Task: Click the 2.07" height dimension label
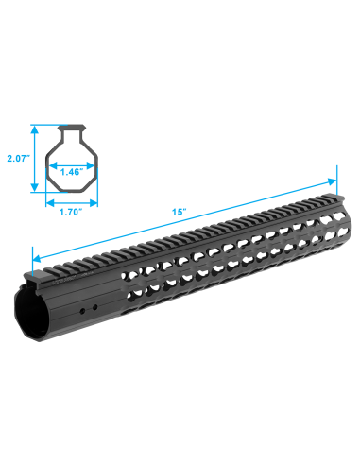pos(19,158)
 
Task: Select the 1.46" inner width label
pos(72,172)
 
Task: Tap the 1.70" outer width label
pos(71,212)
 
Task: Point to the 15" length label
pos(180,212)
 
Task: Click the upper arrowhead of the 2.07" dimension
pos(35,129)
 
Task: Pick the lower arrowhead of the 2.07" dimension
pos(35,188)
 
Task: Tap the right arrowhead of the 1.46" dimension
pos(91,165)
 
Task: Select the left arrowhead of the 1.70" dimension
pos(50,203)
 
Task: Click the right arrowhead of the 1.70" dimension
pos(94,203)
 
